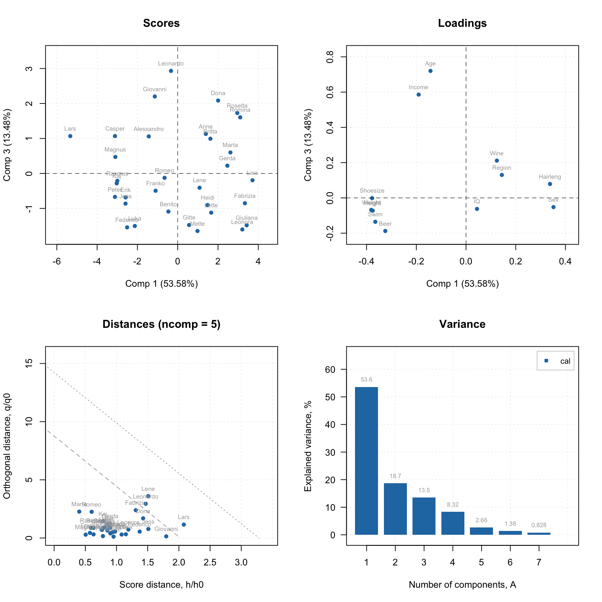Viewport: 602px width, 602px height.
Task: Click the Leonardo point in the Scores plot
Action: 171,71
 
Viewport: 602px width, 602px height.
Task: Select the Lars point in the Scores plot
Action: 70,136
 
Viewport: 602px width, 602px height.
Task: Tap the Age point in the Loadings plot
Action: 430,71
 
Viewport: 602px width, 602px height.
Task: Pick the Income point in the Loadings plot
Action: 419,95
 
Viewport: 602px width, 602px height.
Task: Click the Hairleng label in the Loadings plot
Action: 550,177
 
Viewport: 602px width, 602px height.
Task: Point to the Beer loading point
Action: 385,231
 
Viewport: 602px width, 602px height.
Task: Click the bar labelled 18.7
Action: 395,509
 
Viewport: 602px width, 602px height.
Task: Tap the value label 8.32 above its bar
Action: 453,505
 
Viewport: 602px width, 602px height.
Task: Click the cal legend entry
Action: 565,361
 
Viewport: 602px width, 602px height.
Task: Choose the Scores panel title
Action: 161,23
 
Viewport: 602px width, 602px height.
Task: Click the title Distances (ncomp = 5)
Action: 161,324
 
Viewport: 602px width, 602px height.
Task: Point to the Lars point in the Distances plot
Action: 184,525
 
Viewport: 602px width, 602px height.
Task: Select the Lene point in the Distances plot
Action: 148,496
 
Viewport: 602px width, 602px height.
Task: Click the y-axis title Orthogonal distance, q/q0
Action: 7,446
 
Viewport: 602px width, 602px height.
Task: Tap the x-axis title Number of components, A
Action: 462,585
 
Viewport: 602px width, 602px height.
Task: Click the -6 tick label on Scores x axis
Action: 57,262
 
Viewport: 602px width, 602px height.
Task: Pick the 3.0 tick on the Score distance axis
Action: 241,563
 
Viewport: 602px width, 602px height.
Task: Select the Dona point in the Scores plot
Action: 218,101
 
